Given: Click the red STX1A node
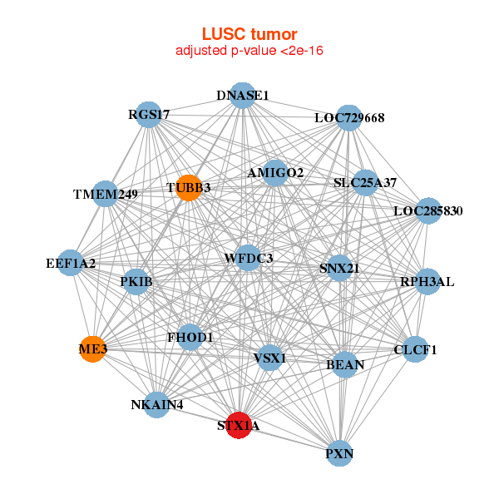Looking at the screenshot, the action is pos(239,425).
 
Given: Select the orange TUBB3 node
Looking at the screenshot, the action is pos(188,188).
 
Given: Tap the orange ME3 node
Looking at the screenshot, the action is pos(93,350).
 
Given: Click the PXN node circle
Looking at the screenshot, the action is pos(339,453).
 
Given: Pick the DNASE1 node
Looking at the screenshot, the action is pos(242,95).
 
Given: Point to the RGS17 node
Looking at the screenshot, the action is pos(150,115).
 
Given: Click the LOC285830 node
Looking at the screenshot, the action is pos(427,210).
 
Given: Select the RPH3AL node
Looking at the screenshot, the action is pos(427,281).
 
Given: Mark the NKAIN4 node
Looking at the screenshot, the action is pos(156,405).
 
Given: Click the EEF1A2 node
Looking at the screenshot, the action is pos(72,263).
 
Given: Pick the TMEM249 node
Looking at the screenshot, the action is pos(105,194).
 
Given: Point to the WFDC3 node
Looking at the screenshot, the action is pos(248,259).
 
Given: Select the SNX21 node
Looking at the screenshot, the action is pos(338,268).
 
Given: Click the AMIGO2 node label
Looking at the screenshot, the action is pos(275,173).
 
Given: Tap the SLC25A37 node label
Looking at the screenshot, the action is pos(365,182).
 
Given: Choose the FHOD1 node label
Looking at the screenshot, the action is pos(190,338).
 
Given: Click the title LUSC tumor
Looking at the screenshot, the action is pos(249,34).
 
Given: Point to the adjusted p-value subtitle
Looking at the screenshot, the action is pos(249,51).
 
